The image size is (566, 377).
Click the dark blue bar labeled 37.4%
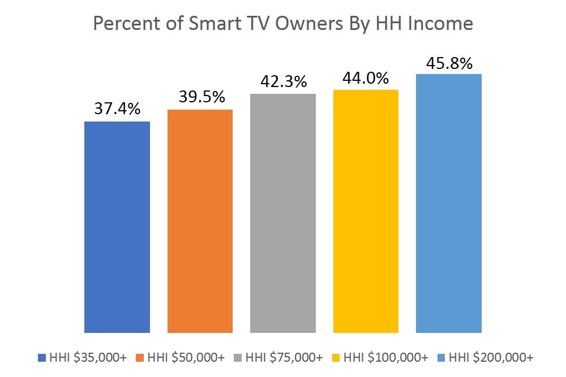tap(117, 227)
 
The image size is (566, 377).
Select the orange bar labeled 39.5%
tap(200, 220)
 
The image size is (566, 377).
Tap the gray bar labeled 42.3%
tap(283, 213)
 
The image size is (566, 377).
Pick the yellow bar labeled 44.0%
tap(366, 211)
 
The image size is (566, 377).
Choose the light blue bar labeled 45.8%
tap(449, 203)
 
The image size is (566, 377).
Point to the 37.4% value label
tap(117, 109)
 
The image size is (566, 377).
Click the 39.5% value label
tap(200, 97)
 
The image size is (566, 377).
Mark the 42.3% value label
tap(283, 81)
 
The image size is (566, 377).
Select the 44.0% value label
tap(366, 78)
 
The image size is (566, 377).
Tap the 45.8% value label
tap(449, 63)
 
